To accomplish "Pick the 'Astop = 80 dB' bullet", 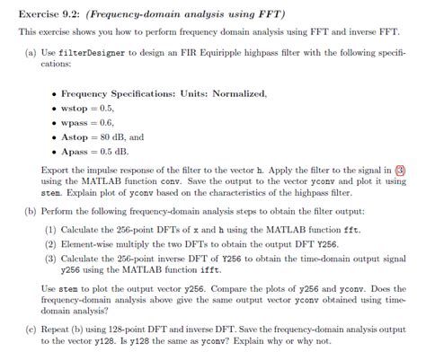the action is click(x=99, y=137).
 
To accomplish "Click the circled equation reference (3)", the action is click(x=400, y=169).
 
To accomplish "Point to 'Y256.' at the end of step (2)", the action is click(x=328, y=243).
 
